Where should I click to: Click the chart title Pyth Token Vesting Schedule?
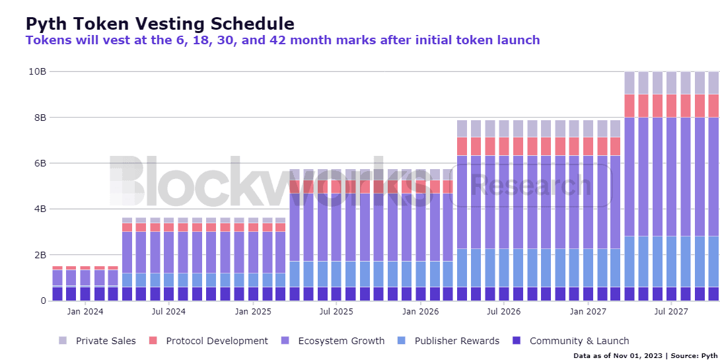tap(160, 24)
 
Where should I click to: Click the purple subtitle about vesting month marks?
tap(282, 40)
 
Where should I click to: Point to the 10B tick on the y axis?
tap(38, 71)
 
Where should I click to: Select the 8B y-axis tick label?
tap(40, 118)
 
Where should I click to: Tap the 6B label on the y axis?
tap(40, 163)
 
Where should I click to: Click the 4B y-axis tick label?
tap(40, 209)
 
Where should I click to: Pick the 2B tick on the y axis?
tap(40, 255)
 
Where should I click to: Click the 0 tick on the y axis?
tap(43, 301)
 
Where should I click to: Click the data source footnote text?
tap(645, 355)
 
